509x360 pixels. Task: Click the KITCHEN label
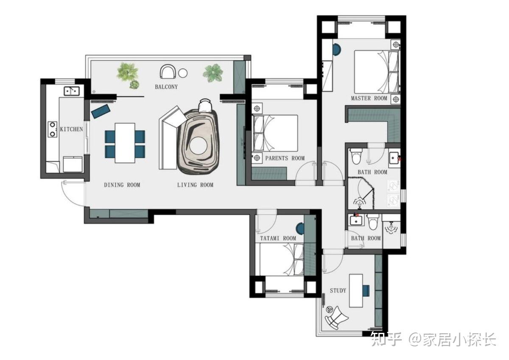tap(71, 129)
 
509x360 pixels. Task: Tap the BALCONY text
tap(166, 87)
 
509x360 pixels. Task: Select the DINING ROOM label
tap(122, 185)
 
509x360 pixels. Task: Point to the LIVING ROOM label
tap(195, 185)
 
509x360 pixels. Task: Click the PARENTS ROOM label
tap(285, 158)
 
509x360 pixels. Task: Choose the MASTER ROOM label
tap(369, 98)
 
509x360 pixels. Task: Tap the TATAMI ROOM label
tap(278, 238)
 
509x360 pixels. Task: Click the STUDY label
tap(338, 290)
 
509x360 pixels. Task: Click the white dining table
tap(125, 143)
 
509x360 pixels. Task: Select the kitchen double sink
tap(72, 91)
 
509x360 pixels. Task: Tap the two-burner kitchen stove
tap(53, 129)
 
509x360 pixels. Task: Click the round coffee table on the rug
tap(199, 146)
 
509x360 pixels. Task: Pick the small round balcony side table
tap(183, 73)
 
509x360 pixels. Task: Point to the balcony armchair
tap(168, 71)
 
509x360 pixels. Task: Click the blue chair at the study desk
tap(366, 290)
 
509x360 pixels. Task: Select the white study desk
tap(356, 291)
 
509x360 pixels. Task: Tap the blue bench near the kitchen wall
tap(101, 111)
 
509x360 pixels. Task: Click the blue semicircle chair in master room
tap(337, 50)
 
